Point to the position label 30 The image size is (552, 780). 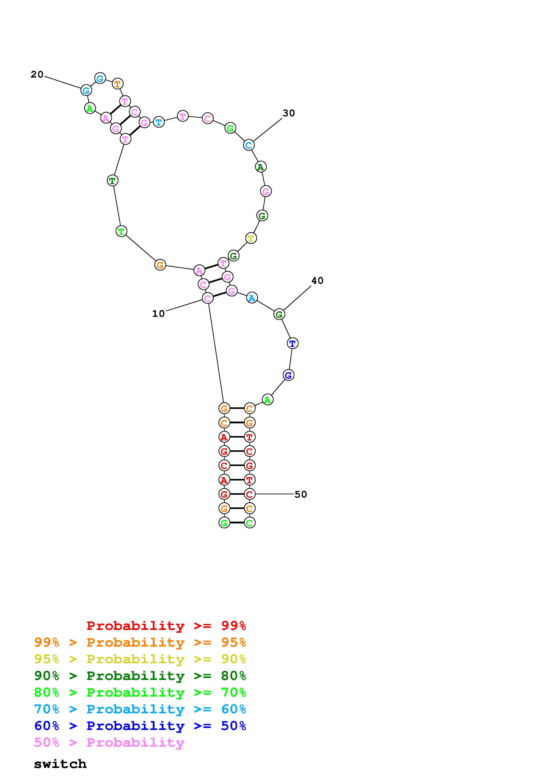289,113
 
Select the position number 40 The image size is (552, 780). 317,281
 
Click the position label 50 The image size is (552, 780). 301,494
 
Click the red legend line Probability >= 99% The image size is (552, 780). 166,625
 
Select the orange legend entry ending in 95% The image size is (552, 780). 140,642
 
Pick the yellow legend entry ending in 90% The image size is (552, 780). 140,659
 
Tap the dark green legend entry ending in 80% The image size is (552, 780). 140,676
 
